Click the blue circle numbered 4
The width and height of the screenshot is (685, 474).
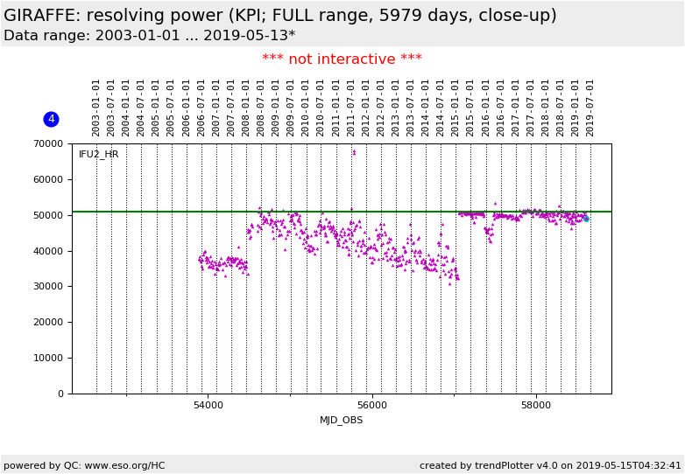click(x=51, y=119)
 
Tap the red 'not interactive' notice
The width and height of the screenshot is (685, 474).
click(x=342, y=59)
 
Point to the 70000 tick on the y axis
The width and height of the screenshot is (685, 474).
click(x=49, y=143)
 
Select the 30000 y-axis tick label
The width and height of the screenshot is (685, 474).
click(x=49, y=287)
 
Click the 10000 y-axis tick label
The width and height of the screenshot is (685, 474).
click(x=49, y=358)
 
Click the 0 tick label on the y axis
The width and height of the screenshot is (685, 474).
click(x=60, y=394)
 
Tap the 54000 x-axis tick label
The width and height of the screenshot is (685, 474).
click(x=208, y=406)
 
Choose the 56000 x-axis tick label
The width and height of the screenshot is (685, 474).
click(x=372, y=406)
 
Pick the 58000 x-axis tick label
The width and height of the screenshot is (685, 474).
click(x=536, y=406)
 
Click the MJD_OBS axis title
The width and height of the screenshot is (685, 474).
click(x=342, y=421)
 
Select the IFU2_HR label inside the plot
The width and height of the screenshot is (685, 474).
click(x=99, y=155)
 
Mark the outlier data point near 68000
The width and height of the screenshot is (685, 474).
click(x=354, y=152)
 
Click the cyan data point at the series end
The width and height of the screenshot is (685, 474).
click(x=586, y=219)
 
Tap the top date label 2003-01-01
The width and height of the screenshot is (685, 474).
click(x=96, y=108)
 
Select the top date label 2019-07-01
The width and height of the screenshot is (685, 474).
click(x=590, y=108)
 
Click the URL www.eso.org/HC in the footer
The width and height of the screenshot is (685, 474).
click(x=123, y=466)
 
